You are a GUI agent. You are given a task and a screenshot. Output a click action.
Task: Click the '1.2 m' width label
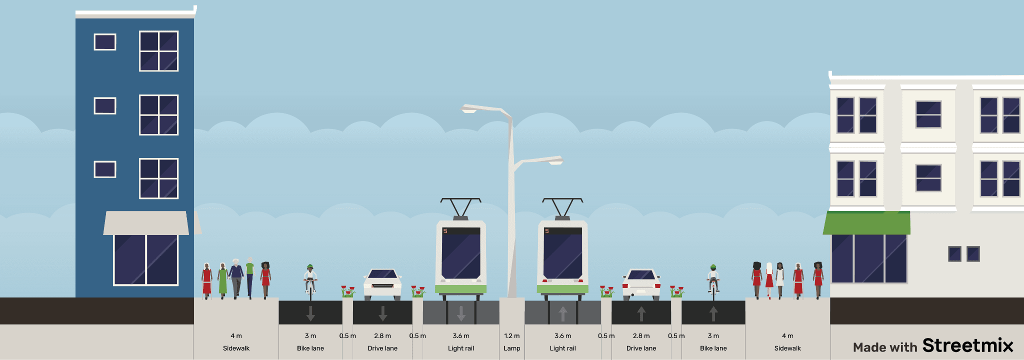click(511, 336)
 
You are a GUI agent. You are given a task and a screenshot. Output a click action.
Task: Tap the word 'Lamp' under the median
click(511, 348)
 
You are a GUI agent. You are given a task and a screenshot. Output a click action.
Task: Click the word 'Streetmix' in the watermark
click(967, 345)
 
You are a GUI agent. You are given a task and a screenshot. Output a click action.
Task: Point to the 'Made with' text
click(885, 347)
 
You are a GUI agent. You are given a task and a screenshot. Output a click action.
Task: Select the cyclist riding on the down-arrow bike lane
click(310, 281)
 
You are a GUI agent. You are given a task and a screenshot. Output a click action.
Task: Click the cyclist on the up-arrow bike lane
click(713, 281)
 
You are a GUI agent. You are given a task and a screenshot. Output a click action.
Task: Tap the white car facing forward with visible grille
click(382, 284)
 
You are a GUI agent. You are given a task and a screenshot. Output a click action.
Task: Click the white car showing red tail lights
click(641, 284)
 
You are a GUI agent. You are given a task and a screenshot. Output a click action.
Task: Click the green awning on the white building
click(866, 223)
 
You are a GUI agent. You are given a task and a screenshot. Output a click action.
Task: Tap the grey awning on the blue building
click(146, 223)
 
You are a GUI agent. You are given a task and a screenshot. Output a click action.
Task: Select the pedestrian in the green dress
click(222, 280)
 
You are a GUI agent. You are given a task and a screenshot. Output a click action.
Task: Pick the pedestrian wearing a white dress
click(780, 280)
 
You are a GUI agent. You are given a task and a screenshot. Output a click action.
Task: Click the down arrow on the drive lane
click(382, 313)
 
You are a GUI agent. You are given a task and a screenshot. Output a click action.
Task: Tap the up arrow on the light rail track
click(563, 313)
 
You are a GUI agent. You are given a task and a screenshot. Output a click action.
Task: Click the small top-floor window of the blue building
click(105, 42)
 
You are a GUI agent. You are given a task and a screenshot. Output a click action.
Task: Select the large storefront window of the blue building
click(145, 260)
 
